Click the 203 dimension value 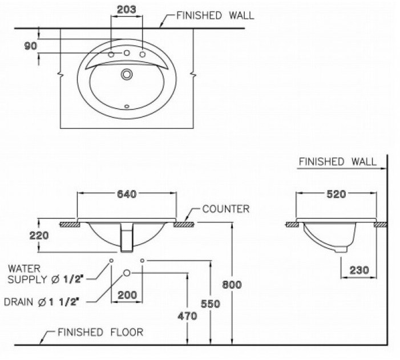coord(126,9)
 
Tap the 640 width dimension coord(126,195)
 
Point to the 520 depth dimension coord(336,195)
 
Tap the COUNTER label coord(226,209)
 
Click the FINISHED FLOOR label coord(100,331)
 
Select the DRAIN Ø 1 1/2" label coord(43,300)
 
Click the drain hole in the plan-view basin coord(127,74)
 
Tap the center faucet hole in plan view coord(127,53)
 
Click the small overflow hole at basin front coord(127,106)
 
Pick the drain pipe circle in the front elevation coord(127,273)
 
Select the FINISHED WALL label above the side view coord(337,161)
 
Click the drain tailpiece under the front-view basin coord(127,239)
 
